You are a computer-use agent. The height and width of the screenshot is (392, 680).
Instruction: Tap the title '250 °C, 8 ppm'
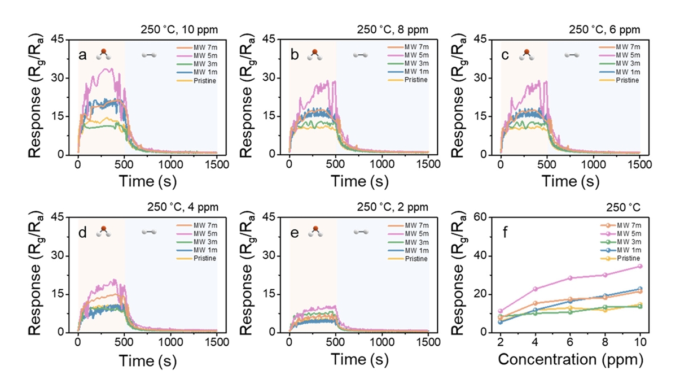(x=392, y=29)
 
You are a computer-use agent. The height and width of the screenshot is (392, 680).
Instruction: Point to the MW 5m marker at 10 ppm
(x=639, y=266)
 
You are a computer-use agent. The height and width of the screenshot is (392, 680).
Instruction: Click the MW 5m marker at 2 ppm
(x=501, y=311)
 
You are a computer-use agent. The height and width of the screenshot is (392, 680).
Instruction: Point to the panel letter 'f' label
(x=505, y=232)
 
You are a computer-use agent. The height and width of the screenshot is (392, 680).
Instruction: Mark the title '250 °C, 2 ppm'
(x=392, y=207)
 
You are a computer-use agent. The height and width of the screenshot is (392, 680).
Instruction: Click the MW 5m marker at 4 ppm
(x=536, y=289)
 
